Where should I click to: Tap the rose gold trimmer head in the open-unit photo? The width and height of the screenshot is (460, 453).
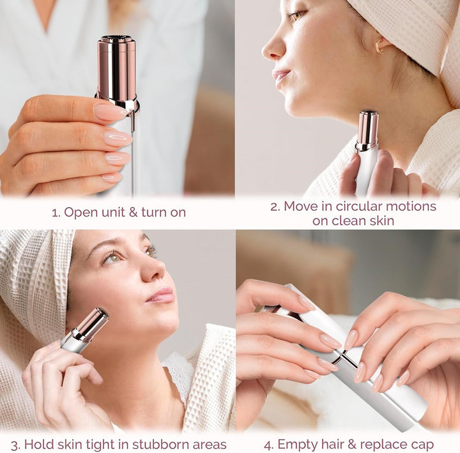[117, 67]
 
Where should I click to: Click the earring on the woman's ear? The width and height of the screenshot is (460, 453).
[382, 47]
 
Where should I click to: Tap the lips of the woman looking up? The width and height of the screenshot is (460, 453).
[161, 295]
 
